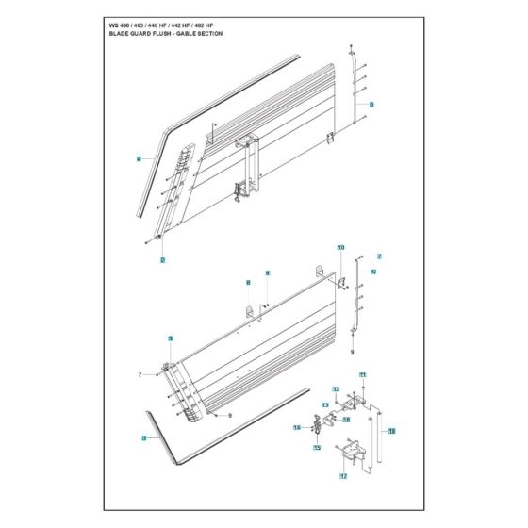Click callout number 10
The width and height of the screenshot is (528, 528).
click(x=340, y=247)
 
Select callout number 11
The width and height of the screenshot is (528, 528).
click(x=362, y=375)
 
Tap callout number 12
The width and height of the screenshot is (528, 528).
click(x=336, y=388)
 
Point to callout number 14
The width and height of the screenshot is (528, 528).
click(x=346, y=419)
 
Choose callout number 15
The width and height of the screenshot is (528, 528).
click(x=317, y=447)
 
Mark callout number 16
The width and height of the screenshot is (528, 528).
click(x=296, y=427)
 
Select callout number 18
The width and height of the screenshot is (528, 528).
click(x=391, y=431)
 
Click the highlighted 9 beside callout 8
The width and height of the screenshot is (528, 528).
click(x=267, y=272)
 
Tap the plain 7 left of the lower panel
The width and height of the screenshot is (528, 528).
click(x=140, y=375)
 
